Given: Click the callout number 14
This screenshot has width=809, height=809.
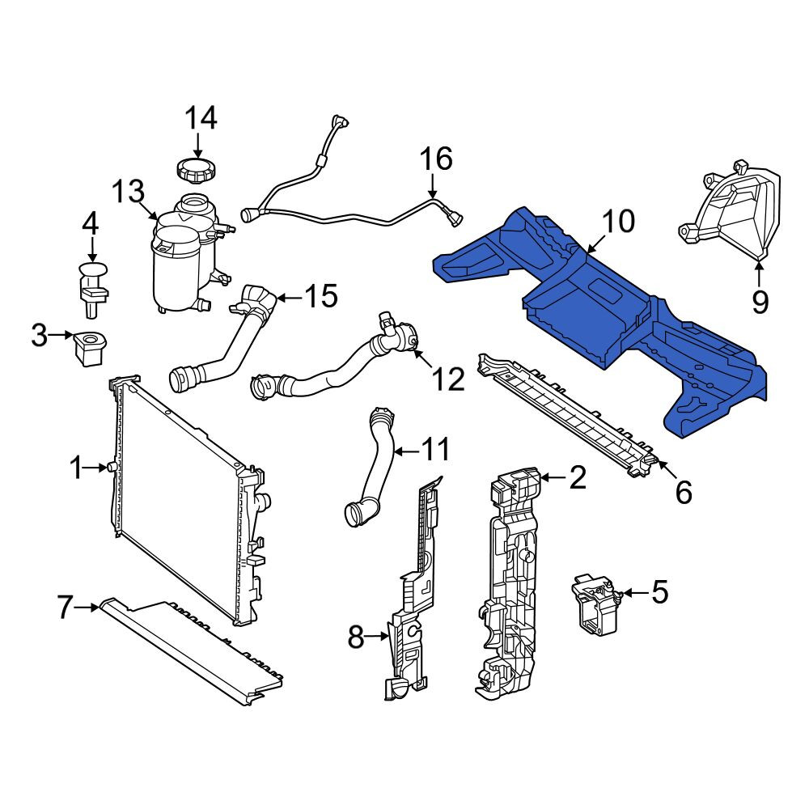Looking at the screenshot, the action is pos(201,118).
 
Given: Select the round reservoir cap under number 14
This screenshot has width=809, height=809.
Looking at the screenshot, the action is pos(196,170).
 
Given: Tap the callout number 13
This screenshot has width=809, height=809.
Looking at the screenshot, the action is pos(129,192).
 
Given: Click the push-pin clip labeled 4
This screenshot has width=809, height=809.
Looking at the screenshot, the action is pos(93,290).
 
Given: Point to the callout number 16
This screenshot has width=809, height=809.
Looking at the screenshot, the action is pos(437,159).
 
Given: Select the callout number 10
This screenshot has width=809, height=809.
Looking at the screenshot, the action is pos(618,222).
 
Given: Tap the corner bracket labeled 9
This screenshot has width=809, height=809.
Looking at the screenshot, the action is pos(729,211).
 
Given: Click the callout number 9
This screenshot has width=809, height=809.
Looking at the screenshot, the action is pos(760,301).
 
